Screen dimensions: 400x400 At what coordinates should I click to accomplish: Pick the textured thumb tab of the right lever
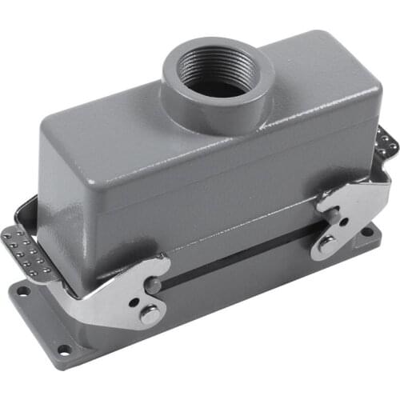click(386, 143)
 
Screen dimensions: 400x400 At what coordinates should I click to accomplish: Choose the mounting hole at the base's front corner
click(62, 349)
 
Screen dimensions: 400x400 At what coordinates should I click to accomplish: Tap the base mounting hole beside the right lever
click(367, 231)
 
